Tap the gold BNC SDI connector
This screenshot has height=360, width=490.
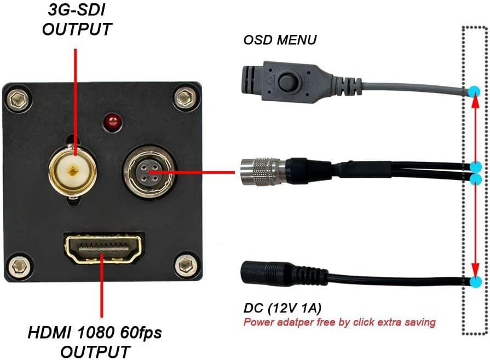72,171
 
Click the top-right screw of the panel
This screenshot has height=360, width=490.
183,98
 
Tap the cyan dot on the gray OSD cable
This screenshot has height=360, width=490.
475,91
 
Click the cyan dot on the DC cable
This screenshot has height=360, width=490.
475,282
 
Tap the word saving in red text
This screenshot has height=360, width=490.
420,322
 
